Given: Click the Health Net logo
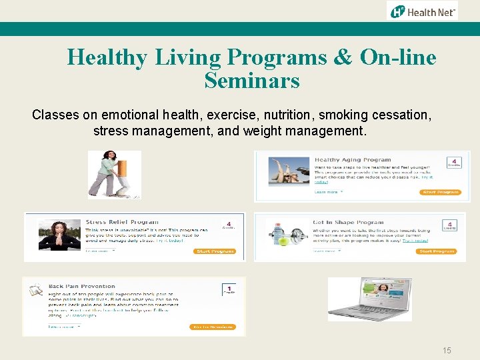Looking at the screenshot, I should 423,11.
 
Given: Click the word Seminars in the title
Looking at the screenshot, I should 252,81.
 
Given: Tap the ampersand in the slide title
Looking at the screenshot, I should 341,57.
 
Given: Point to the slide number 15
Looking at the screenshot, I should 447,350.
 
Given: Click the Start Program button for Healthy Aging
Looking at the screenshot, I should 440,192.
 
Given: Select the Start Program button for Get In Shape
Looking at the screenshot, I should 436,251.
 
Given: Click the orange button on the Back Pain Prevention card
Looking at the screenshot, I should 213,327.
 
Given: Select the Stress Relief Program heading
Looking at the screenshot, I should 122,222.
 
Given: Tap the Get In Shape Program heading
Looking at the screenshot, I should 348,222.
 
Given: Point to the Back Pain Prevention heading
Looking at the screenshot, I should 81,286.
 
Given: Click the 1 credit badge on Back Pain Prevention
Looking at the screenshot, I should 229,289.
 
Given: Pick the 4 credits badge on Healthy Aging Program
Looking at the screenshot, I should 454,163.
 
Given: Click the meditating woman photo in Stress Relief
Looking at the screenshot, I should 59,235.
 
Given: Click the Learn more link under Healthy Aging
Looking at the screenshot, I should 328,191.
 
